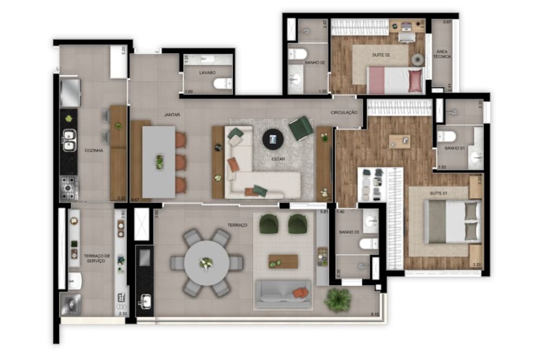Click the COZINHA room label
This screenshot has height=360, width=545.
pyautogui.click(x=94, y=150)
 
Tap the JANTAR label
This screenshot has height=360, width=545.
pyautogui.click(x=172, y=115)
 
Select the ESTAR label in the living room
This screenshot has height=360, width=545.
pyautogui.click(x=278, y=159)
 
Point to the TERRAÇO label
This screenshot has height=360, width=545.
pyautogui.click(x=238, y=225)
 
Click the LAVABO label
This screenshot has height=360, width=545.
pyautogui.click(x=207, y=72)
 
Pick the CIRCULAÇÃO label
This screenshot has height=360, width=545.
pyautogui.click(x=344, y=112)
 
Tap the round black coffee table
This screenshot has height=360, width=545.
pyautogui.click(x=273, y=139)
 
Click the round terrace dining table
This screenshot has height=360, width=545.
pyautogui.click(x=207, y=263)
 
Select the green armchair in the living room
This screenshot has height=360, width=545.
pyautogui.click(x=300, y=129)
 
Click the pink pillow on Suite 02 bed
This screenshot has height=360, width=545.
pyautogui.click(x=415, y=81)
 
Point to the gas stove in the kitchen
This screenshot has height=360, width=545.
pyautogui.click(x=69, y=188)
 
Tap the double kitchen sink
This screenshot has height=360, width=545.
pyautogui.click(x=69, y=139)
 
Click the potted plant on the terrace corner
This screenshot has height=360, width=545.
pyautogui.click(x=338, y=299)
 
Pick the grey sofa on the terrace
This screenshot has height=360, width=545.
pyautogui.click(x=283, y=294)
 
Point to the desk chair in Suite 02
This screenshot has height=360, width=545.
pyautogui.click(x=404, y=37)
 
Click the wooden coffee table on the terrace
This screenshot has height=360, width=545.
pyautogui.click(x=283, y=261)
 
